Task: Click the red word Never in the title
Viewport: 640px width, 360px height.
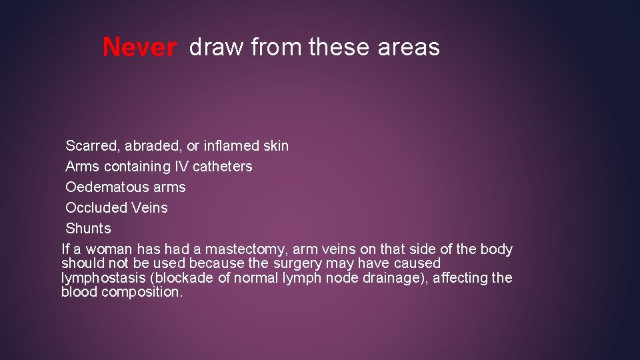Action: [139, 47]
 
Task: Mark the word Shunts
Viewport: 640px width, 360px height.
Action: [88, 228]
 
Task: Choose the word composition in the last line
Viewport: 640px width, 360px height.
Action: [141, 292]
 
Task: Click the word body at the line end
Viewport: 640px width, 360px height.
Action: [497, 249]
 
